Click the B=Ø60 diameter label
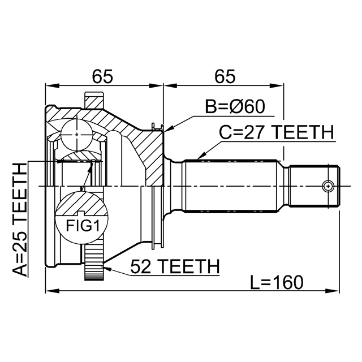click(235, 107)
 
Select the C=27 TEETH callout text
click(277, 133)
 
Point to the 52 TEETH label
click(174, 266)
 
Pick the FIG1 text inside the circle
click(80, 227)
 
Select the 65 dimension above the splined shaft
click(225, 75)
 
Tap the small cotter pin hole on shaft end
click(327, 186)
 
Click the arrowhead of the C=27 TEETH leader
click(199, 157)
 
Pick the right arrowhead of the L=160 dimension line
click(336, 292)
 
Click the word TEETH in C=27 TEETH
click(304, 133)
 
